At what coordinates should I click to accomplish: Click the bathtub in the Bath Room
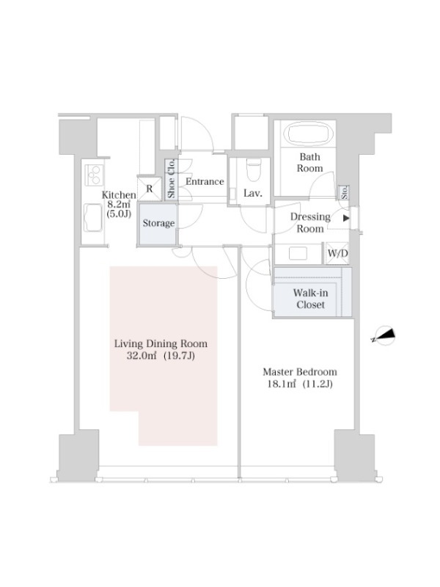click(x=309, y=134)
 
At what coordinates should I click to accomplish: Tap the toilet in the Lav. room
click(x=254, y=169)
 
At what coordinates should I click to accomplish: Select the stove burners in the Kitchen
click(x=94, y=175)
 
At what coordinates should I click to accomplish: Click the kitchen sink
click(x=93, y=217)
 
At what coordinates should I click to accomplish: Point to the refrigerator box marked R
click(x=150, y=189)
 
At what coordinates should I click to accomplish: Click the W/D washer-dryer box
click(x=337, y=253)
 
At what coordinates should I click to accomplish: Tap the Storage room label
click(x=158, y=223)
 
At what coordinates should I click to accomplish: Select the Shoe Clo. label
click(x=172, y=178)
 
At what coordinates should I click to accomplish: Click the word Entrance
click(x=205, y=181)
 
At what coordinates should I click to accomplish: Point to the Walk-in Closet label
click(x=310, y=299)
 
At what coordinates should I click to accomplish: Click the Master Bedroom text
click(x=300, y=372)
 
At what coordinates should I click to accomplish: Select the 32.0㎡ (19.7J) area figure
click(x=161, y=355)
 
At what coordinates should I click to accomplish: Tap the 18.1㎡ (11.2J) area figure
click(x=300, y=384)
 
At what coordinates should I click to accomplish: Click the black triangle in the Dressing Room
click(x=346, y=218)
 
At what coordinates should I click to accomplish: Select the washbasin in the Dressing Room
click(x=298, y=253)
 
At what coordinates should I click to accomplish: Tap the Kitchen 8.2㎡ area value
click(x=119, y=205)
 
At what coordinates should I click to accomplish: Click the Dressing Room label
click(x=310, y=222)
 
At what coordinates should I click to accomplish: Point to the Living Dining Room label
click(x=161, y=343)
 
